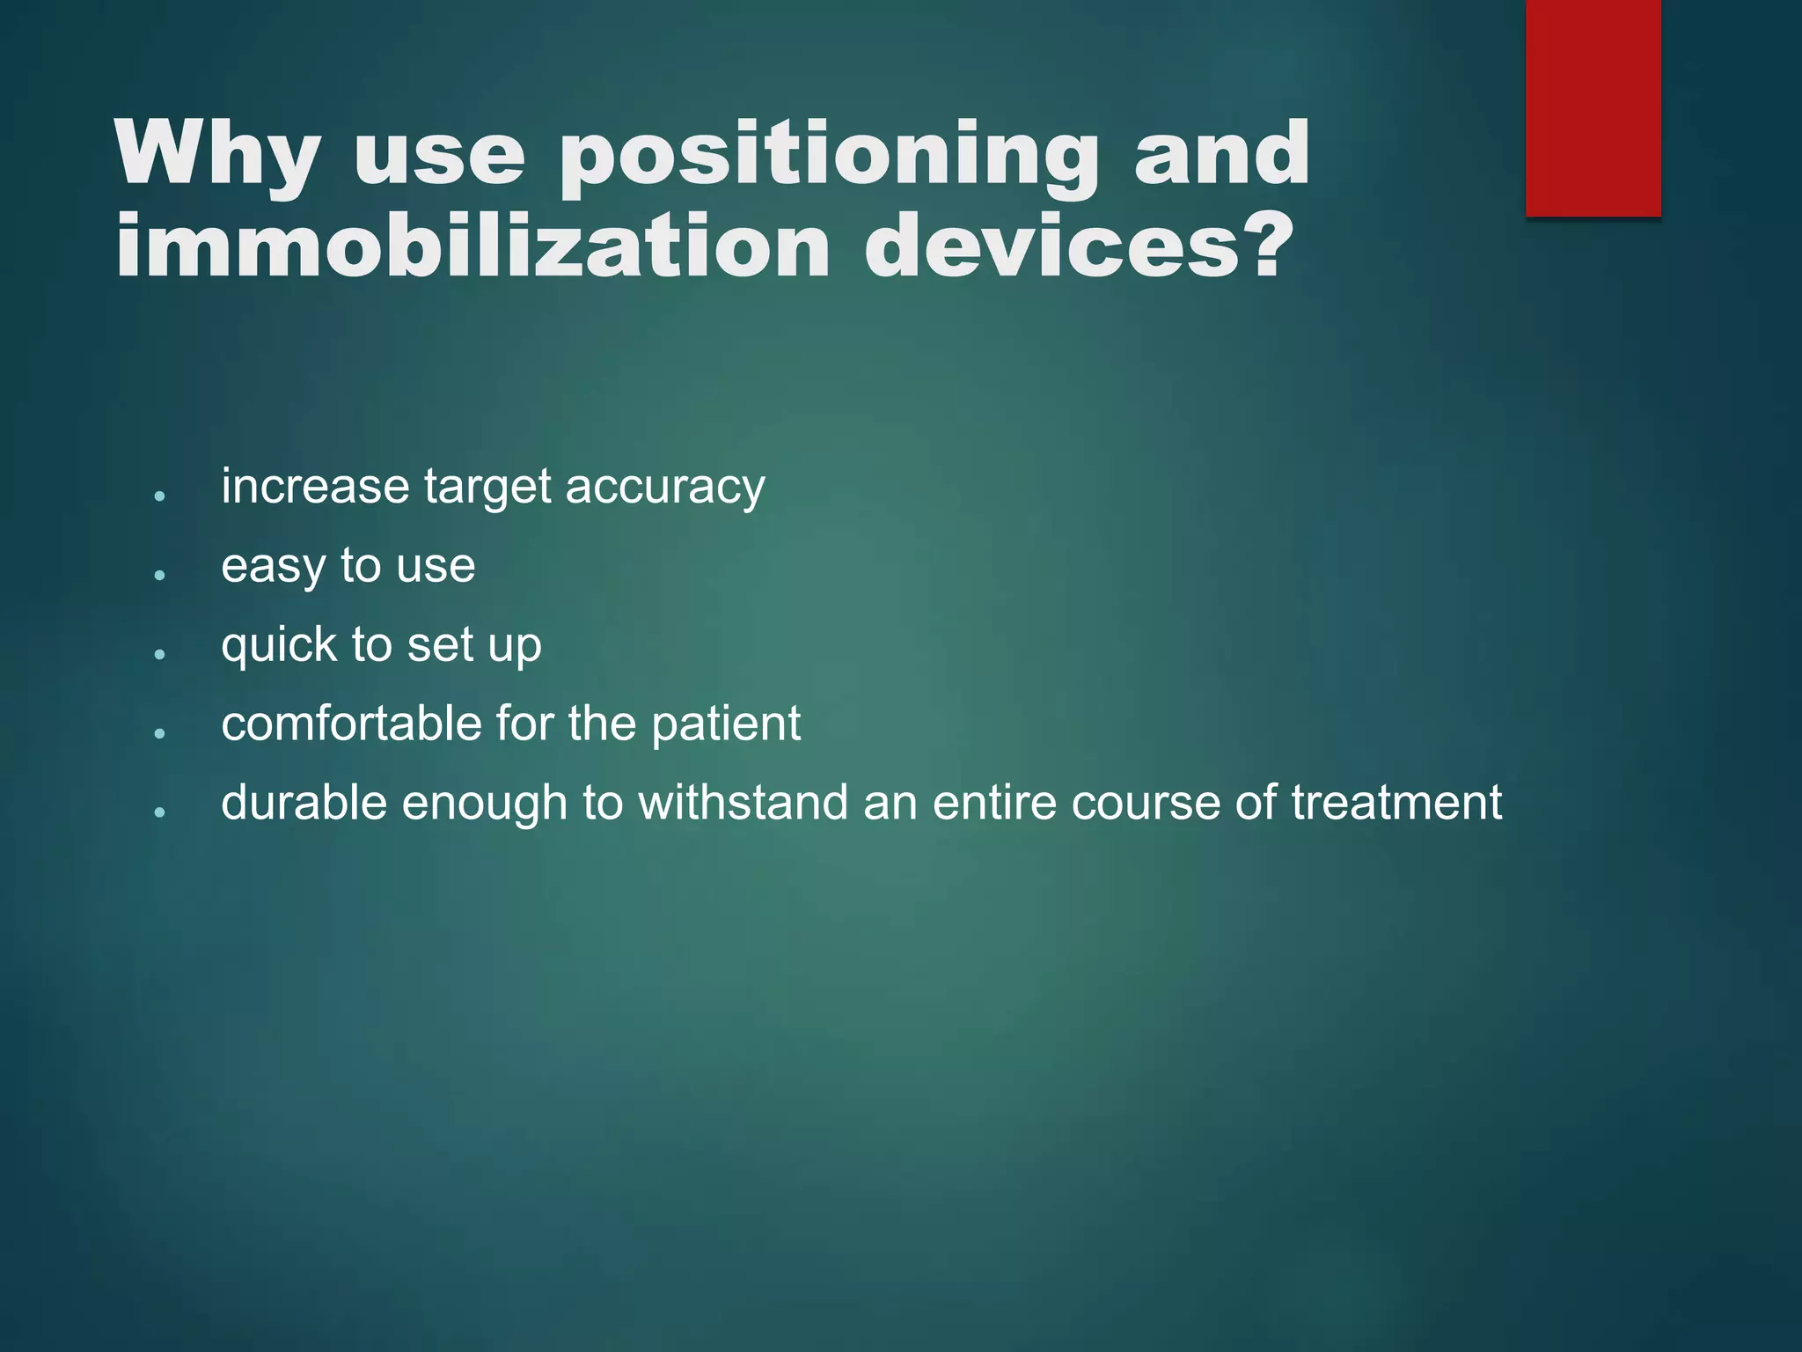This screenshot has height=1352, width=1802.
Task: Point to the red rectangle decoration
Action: click(1593, 107)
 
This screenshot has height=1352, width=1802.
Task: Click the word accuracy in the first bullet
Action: click(664, 488)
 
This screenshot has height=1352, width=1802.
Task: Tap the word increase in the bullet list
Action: click(315, 486)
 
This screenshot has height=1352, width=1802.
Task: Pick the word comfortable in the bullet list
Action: click(350, 724)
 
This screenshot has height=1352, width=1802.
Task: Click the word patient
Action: click(726, 724)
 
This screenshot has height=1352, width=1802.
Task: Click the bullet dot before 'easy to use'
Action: click(159, 575)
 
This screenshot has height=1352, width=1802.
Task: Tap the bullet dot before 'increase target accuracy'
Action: click(159, 496)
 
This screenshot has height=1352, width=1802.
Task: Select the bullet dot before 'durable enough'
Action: click(159, 812)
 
